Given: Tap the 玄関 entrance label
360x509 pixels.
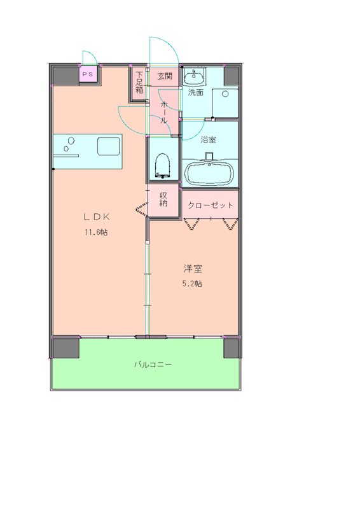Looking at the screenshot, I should tap(165, 76).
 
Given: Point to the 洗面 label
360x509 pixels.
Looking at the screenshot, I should tap(195, 92).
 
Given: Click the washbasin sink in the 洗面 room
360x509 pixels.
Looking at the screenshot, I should tap(193, 78).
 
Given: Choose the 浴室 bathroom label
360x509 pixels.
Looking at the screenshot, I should tap(208, 140).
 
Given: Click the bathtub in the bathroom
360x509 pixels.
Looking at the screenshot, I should tap(210, 172).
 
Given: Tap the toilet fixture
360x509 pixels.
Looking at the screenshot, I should tap(162, 165).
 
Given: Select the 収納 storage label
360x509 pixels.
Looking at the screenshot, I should tap(163, 199).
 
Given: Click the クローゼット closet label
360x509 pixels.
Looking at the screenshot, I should tap(211, 206).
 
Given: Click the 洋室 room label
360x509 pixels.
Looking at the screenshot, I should tap(193, 268).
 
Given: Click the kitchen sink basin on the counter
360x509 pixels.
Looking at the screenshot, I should tap(69, 146).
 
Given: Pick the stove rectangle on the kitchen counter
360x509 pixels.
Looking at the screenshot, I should tap(108, 146).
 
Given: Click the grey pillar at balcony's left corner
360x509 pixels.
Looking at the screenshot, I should tap(66, 349).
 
